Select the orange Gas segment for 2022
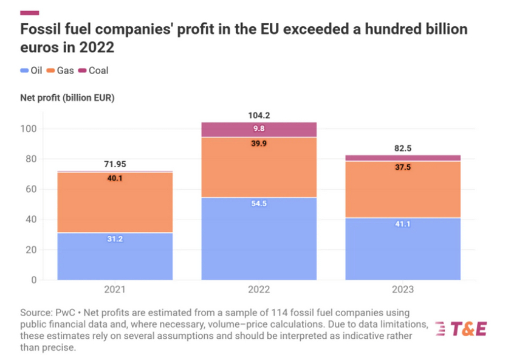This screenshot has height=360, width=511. [x=259, y=167]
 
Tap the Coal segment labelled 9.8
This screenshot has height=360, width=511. [x=259, y=130]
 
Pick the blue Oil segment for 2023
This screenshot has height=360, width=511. [x=403, y=248]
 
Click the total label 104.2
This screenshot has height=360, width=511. [x=259, y=114]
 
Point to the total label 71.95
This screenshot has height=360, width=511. [x=115, y=164]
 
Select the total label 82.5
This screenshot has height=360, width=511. [x=403, y=147]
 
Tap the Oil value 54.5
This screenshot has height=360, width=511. [x=259, y=203]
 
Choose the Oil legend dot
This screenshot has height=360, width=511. [x=24, y=71]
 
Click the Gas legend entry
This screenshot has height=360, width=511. [x=61, y=71]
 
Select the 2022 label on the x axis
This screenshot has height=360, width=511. [x=259, y=290]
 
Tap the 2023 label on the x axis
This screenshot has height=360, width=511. [x=403, y=290]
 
